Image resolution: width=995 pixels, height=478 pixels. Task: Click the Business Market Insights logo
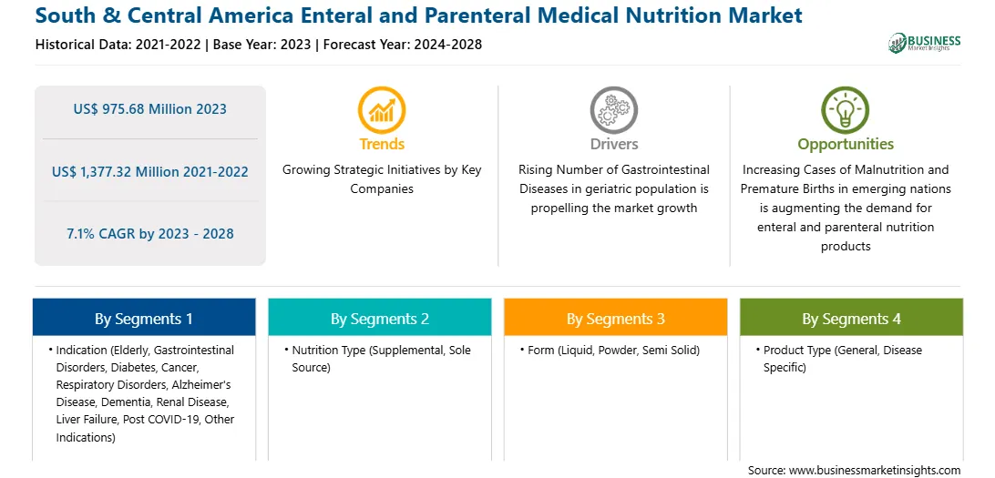pyautogui.click(x=925, y=43)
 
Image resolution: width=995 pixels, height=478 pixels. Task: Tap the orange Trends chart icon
pyautogui.click(x=382, y=109)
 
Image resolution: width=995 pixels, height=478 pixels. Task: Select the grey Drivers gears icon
pyautogui.click(x=613, y=109)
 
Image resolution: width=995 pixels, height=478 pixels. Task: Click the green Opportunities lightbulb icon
pyautogui.click(x=846, y=109)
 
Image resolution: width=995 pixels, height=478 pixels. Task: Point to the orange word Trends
pyautogui.click(x=382, y=144)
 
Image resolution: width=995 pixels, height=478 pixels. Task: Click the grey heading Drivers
pyautogui.click(x=614, y=144)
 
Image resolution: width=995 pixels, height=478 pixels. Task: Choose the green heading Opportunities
pyautogui.click(x=846, y=145)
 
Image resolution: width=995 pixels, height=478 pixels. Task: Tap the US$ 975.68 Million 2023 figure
pyautogui.click(x=149, y=109)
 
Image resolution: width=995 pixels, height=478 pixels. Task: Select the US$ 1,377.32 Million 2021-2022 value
pyautogui.click(x=150, y=171)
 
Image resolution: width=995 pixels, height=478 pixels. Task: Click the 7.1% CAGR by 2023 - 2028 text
pyautogui.click(x=150, y=233)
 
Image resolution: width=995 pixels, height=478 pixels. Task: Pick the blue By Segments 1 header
pyautogui.click(x=144, y=319)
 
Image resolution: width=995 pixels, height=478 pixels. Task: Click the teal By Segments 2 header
pyautogui.click(x=379, y=319)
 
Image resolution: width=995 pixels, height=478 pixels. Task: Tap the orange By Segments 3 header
pyautogui.click(x=616, y=319)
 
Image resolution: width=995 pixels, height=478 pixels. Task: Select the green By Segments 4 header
pyautogui.click(x=852, y=319)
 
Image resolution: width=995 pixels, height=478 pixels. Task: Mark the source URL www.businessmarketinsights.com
pyautogui.click(x=875, y=471)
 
